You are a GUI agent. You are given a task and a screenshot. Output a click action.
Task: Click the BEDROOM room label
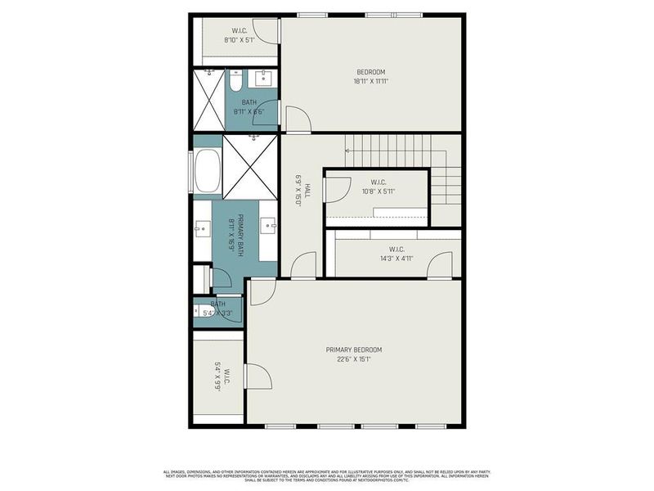(x=370, y=72)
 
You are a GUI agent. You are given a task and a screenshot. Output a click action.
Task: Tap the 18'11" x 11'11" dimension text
(x=370, y=81)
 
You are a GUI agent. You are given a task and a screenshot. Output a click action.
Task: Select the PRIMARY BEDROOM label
(x=353, y=349)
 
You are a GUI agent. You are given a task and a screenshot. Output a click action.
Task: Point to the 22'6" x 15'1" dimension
(x=353, y=358)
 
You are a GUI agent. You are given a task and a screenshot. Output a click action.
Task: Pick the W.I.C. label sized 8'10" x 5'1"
(x=237, y=30)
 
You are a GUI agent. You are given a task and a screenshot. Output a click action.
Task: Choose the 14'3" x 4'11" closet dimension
(x=396, y=258)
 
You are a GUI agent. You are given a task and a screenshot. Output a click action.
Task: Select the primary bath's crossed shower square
(x=251, y=165)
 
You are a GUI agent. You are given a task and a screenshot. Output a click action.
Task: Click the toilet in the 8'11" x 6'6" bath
(x=235, y=82)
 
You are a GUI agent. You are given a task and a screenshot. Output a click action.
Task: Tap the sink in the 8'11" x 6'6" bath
(x=264, y=79)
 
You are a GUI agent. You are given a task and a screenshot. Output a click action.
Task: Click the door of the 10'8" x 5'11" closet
(x=334, y=190)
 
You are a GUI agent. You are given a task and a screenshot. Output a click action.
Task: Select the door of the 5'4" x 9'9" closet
(x=258, y=377)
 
